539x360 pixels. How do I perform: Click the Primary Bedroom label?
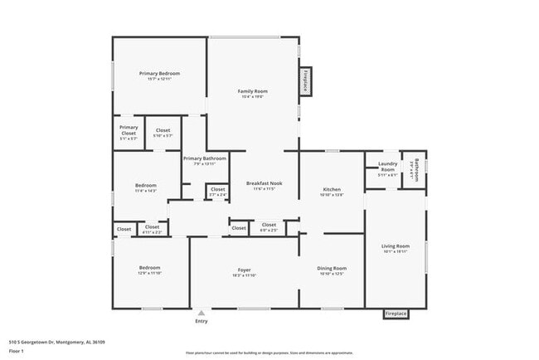pyautogui.click(x=158, y=74)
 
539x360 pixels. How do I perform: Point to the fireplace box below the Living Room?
pyautogui.click(x=396, y=314)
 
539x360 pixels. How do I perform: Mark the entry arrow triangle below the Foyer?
pyautogui.click(x=201, y=313)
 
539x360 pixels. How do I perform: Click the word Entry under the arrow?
pyautogui.click(x=202, y=321)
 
